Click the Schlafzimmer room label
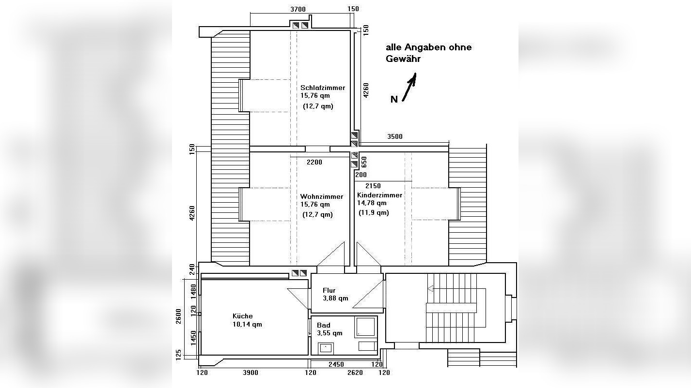coord(323,88)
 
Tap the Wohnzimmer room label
coord(321,196)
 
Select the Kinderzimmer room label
coord(379,195)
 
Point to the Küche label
coord(242,316)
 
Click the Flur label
coord(329,290)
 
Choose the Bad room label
coord(323,325)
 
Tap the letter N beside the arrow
coord(394,99)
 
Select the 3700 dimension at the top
coord(298,9)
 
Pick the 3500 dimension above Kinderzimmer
coord(394,137)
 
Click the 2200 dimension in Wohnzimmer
coord(314,162)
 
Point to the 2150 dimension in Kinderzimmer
coord(373,186)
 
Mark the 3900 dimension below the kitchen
coord(250,373)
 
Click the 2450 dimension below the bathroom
coord(335,364)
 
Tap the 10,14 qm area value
coord(247,324)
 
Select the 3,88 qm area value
coord(335,298)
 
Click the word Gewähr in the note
coord(403,59)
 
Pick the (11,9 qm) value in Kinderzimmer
coord(374,212)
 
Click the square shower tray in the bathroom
coord(365,327)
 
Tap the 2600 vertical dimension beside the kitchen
coord(178,316)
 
